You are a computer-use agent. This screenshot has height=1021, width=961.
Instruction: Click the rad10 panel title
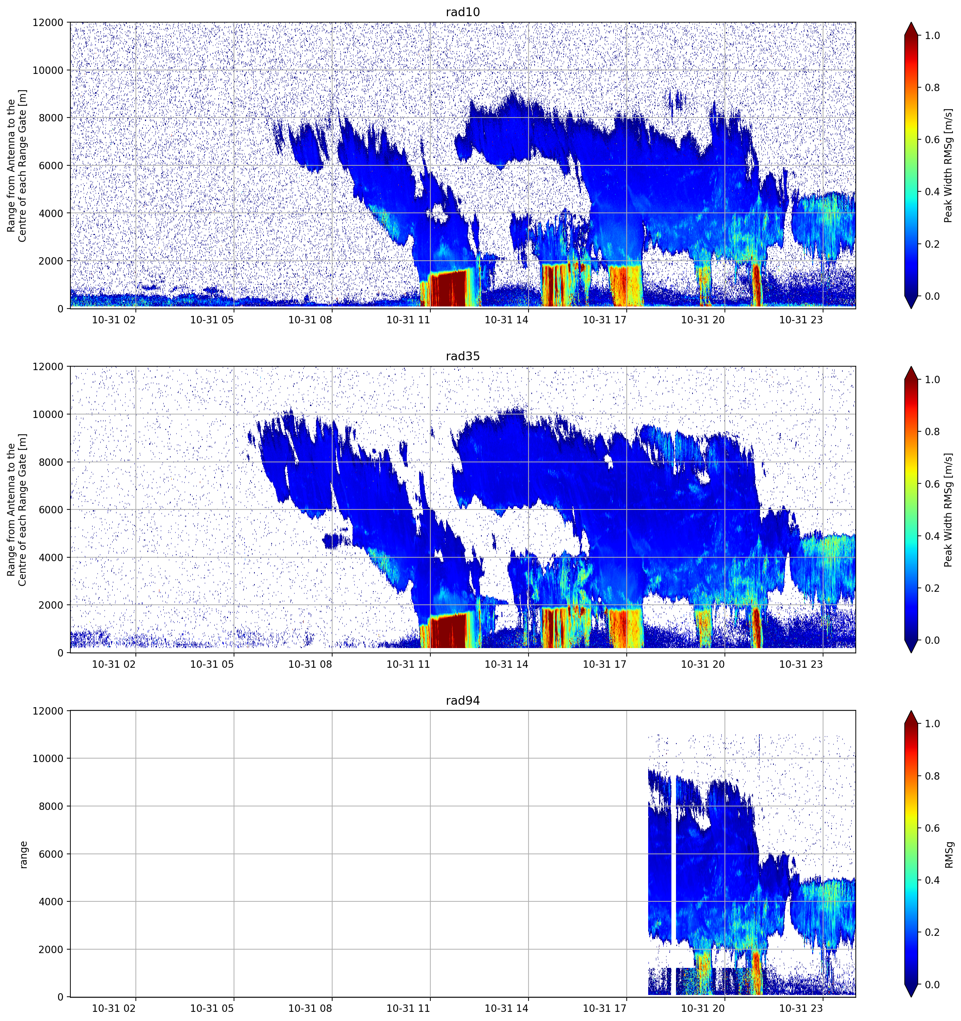click(x=462, y=12)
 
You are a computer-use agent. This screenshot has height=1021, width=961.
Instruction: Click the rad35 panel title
click(x=462, y=356)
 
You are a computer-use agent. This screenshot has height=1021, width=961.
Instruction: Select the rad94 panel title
click(x=462, y=700)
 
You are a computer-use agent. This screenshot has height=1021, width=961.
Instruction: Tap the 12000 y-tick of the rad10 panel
click(x=48, y=23)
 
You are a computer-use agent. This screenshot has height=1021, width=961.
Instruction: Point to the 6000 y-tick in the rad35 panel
click(x=51, y=509)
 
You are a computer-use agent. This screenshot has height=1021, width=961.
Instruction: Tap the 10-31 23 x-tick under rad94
click(x=801, y=1008)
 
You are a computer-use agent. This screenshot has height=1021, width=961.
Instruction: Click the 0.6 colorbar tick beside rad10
click(x=932, y=140)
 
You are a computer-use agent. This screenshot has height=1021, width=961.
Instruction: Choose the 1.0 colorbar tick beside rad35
click(x=932, y=380)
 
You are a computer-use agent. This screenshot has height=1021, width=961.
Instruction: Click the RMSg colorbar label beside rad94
click(x=949, y=855)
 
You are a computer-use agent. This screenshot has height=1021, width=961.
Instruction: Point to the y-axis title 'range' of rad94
click(x=24, y=855)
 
